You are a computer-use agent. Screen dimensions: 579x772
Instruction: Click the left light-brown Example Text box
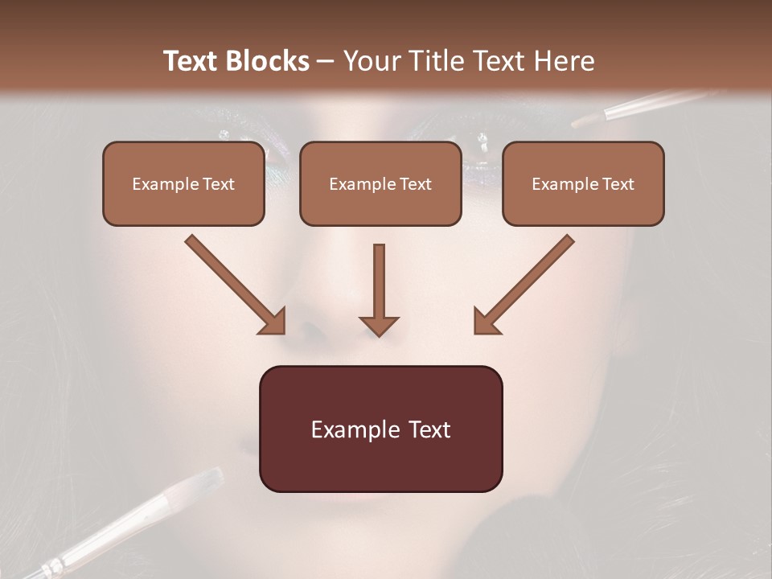click(183, 183)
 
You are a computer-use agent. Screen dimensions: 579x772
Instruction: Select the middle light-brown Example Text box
click(380, 183)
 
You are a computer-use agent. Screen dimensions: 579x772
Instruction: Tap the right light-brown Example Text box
click(583, 183)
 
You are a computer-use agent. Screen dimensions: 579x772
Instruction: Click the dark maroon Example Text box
click(380, 429)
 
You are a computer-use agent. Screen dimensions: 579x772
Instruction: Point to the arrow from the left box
click(233, 282)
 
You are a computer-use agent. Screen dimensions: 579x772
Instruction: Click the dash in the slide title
click(326, 62)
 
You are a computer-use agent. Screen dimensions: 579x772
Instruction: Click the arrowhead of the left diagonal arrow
click(274, 322)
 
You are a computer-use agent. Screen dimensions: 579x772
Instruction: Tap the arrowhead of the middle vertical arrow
click(379, 326)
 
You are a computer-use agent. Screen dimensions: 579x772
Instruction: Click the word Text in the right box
click(618, 183)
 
